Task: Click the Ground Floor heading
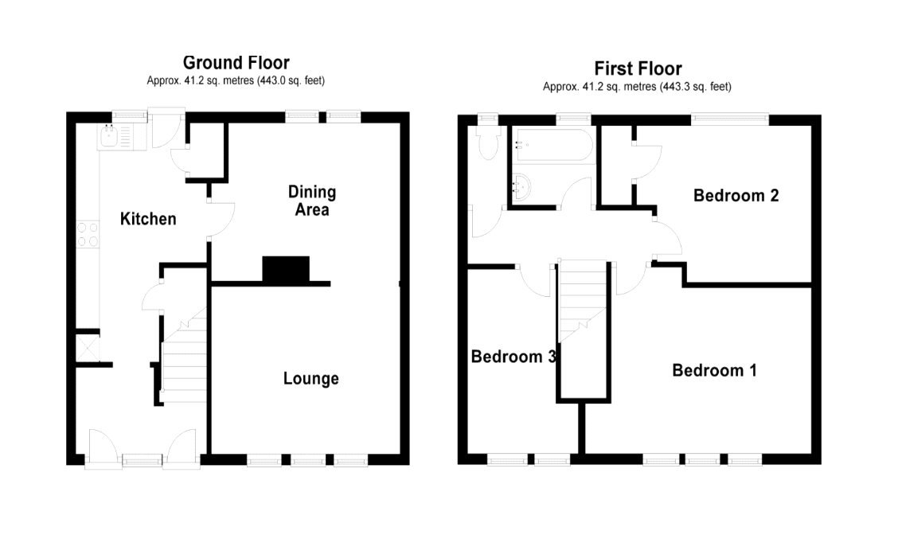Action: [x=236, y=62]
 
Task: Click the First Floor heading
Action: [x=638, y=68]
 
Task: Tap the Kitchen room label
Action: [x=148, y=218]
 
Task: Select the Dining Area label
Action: [x=311, y=201]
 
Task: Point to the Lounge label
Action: [x=310, y=378]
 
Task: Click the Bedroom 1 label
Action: [x=714, y=370]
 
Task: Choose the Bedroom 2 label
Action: [x=735, y=195]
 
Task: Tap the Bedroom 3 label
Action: [x=512, y=357]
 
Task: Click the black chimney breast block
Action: [x=286, y=269]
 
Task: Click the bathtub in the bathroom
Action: [x=552, y=144]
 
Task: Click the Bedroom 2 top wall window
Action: [x=729, y=119]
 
